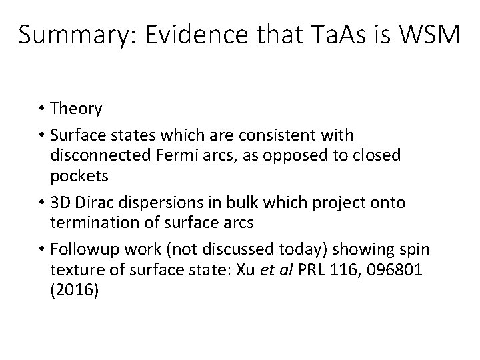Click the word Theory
(77, 108)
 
